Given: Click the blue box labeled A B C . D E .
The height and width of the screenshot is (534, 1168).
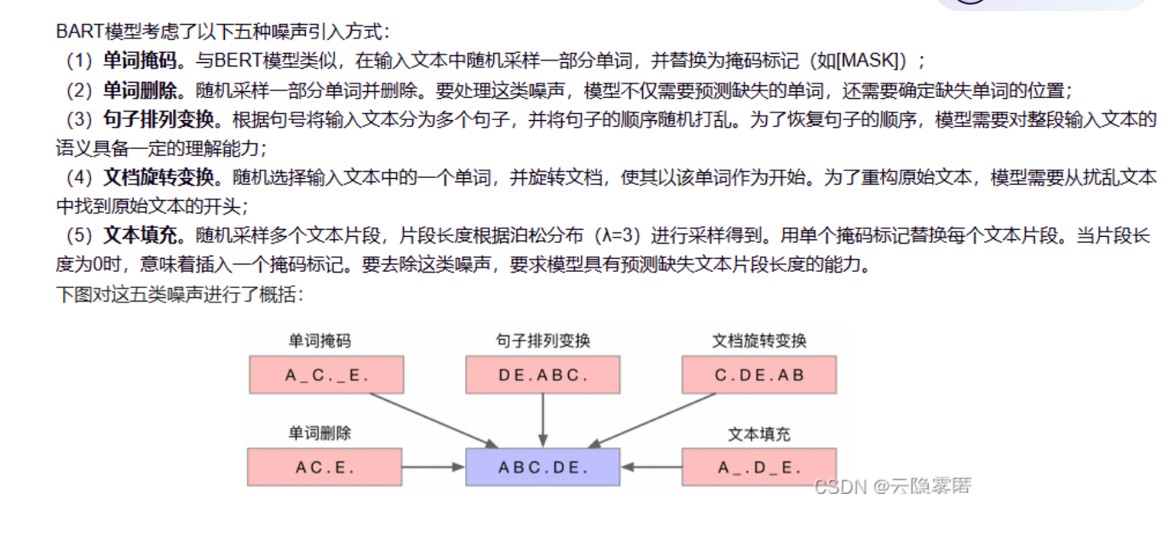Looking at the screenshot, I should pos(543,467).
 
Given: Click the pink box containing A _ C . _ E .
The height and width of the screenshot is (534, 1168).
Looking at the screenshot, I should pos(325,375).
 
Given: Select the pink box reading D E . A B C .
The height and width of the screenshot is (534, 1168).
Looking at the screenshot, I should pos(543,375).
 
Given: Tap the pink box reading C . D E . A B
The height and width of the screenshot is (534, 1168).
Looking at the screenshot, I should pos(759,375).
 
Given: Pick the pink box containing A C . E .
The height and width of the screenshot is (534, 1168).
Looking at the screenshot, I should pos(325,467).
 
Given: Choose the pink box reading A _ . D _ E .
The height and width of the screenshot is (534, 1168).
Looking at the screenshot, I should pos(759,467).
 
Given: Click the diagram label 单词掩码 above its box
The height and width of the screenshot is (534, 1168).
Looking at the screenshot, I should pos(319,341).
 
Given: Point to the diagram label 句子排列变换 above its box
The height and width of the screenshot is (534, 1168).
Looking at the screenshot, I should pos(543,341).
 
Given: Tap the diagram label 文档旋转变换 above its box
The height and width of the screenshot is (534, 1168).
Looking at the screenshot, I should pos(759,341).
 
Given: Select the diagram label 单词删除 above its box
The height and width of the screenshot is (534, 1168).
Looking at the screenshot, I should pos(319,434).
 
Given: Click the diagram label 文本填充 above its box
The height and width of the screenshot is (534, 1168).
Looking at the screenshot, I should pos(759,434).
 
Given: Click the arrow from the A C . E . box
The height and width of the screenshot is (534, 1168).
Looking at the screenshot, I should pos(433,467).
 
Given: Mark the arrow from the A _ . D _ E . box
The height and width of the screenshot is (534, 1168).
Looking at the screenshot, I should pos(652,467).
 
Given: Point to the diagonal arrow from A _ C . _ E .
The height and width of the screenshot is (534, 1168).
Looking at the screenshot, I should pos(434,420).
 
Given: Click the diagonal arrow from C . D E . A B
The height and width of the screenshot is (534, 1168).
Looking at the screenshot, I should pos(652,420).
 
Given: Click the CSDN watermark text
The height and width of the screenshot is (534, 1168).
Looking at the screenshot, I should pos(892,486).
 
